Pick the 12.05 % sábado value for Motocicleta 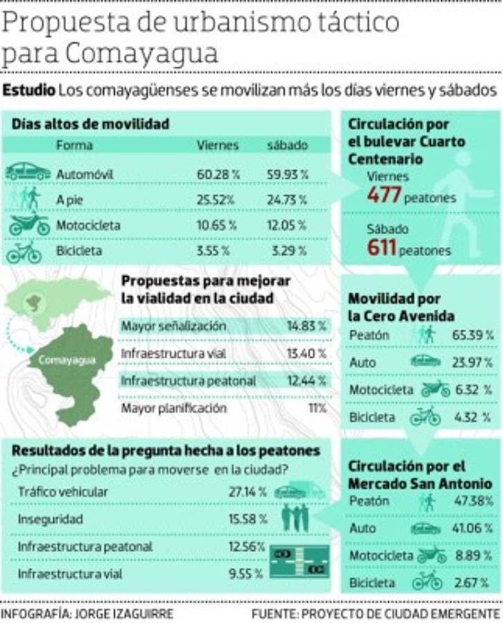[x=288, y=225]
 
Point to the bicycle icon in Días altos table [x=24, y=252]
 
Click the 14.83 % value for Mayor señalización [x=306, y=326]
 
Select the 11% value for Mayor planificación [x=316, y=408]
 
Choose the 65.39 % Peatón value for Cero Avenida [x=473, y=335]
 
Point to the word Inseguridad [x=51, y=518]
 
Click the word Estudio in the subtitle [x=29, y=91]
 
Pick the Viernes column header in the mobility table [x=217, y=145]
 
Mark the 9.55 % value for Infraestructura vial [x=246, y=574]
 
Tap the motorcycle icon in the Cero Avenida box [x=435, y=389]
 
